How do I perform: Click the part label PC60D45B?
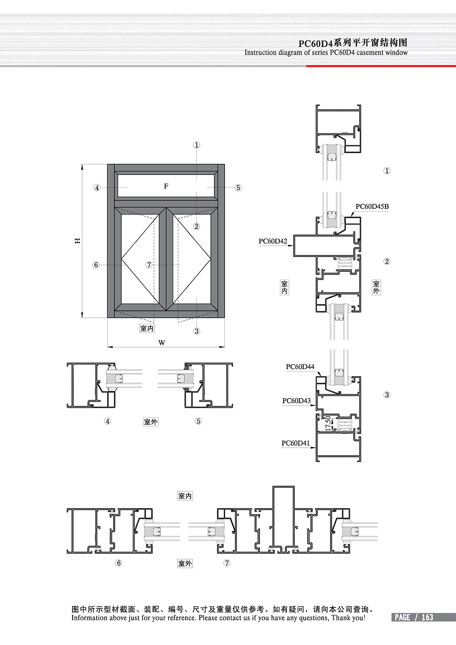click(x=372, y=206)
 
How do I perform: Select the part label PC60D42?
click(x=272, y=241)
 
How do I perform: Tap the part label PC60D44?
click(x=300, y=366)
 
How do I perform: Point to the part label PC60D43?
click(x=296, y=401)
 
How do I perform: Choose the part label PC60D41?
click(x=295, y=443)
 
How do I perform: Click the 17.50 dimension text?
click(x=328, y=423)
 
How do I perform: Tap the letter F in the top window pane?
click(x=166, y=186)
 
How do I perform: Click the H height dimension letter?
click(x=78, y=241)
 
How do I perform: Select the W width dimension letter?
click(x=161, y=343)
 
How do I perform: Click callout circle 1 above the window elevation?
click(x=196, y=145)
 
